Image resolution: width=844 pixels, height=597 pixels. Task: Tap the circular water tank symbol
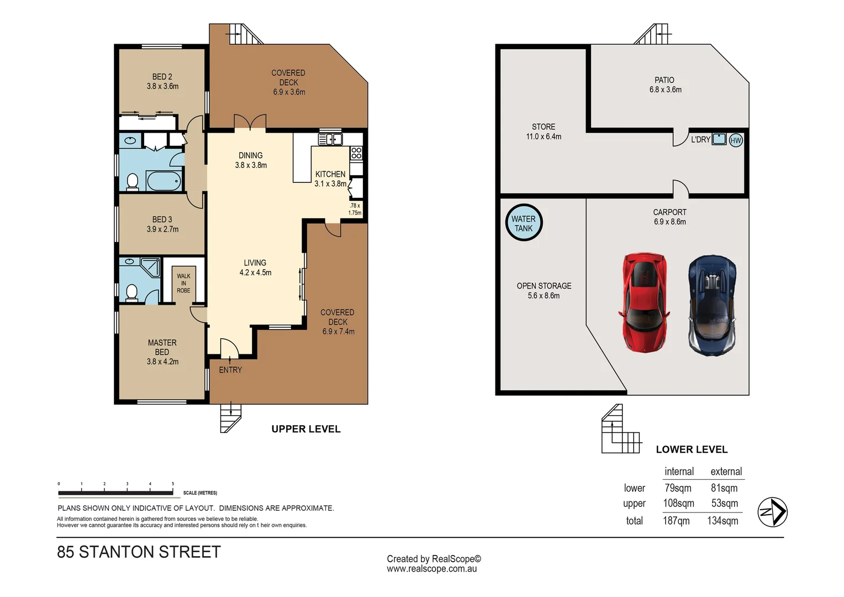tap(524, 223)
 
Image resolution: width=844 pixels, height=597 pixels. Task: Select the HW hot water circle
tap(736, 140)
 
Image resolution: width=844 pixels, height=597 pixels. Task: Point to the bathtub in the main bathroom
tap(164, 181)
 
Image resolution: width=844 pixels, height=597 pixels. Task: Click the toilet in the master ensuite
tap(131, 292)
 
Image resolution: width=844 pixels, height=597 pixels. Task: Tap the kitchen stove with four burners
tap(356, 153)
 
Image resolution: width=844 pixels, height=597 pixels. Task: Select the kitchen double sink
tap(330, 139)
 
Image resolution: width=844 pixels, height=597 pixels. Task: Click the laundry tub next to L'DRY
tap(719, 139)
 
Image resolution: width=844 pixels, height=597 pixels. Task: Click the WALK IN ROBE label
tap(183, 283)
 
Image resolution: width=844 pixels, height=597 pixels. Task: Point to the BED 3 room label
tap(162, 219)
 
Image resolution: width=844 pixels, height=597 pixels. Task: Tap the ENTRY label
tap(230, 370)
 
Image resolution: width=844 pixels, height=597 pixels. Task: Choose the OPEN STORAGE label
tap(544, 286)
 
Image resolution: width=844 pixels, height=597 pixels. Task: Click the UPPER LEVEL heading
tap(306, 429)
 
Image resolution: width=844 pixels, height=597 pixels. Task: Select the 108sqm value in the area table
tap(678, 503)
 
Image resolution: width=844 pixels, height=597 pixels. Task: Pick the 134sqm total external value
tap(722, 521)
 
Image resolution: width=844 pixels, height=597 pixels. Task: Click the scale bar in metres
tap(116, 492)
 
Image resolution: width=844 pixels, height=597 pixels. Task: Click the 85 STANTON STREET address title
tap(139, 552)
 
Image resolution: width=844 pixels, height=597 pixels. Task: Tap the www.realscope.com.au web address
tap(431, 569)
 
